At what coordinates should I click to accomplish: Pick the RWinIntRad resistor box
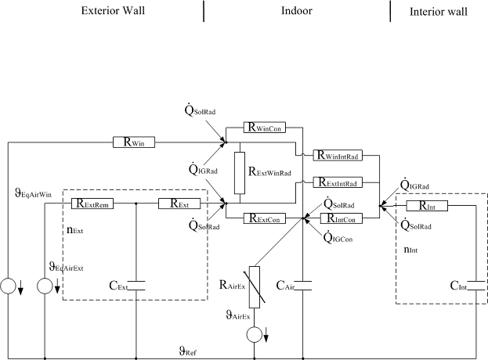click(336, 154)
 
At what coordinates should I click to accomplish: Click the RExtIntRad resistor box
click(337, 182)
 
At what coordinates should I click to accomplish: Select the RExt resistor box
click(178, 203)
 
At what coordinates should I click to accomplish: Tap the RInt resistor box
click(426, 206)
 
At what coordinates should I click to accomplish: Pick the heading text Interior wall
click(439, 12)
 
